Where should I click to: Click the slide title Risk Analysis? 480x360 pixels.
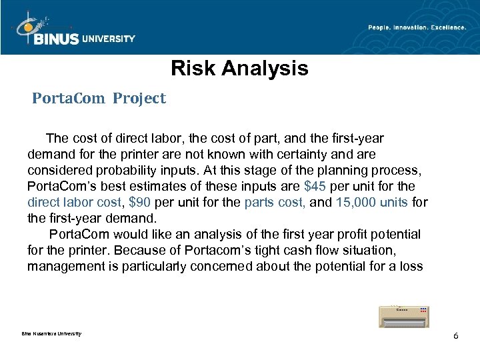[x=239, y=69]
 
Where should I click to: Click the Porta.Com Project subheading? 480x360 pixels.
[x=99, y=99]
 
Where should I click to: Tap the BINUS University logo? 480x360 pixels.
[x=73, y=31]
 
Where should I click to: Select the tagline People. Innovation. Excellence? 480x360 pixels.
[x=417, y=27]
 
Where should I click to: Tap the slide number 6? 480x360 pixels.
[x=455, y=335]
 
